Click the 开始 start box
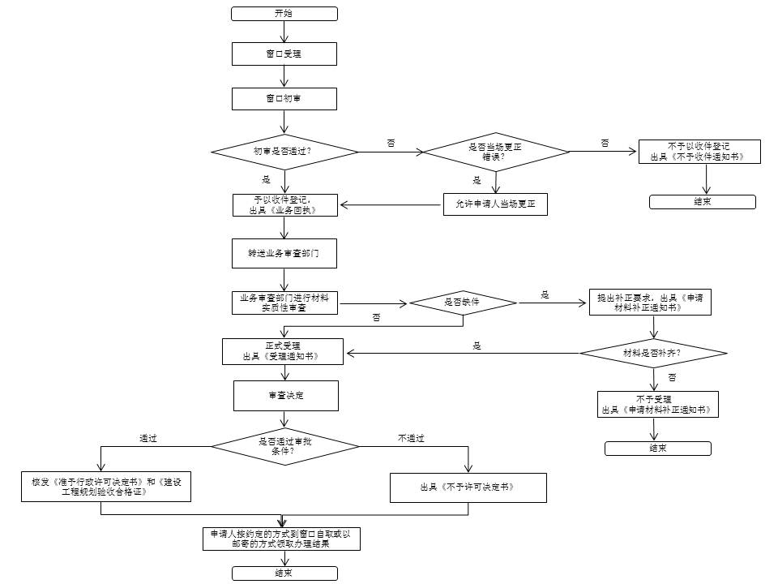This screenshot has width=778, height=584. point(284,14)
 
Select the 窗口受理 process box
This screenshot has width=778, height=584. point(284,54)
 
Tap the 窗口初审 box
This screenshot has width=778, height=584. point(284,99)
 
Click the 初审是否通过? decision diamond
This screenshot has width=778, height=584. point(284,152)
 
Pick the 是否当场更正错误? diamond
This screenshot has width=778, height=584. point(496,152)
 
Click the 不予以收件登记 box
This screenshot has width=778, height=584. point(699,152)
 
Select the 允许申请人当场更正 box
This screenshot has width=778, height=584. point(495,204)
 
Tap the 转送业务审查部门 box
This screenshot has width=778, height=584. point(284,253)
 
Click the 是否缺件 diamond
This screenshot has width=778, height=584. point(463,303)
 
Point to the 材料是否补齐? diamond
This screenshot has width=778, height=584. point(653,353)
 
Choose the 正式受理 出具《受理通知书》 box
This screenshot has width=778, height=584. point(283,351)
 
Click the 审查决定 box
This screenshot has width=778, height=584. point(286,396)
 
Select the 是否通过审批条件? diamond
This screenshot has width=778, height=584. point(285,446)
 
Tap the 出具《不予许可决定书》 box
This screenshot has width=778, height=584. point(468,487)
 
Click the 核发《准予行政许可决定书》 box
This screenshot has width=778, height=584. point(106,487)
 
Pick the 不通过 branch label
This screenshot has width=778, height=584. point(412,439)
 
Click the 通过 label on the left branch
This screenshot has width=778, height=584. point(147,439)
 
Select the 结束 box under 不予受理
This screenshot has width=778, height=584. point(658,449)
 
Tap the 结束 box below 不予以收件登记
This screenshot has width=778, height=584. point(703,202)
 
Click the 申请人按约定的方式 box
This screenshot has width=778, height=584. point(281,539)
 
